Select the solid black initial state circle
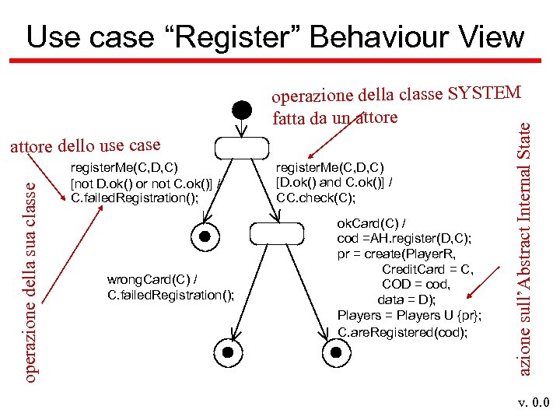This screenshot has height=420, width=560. pos(242,109)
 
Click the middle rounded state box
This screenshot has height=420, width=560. pos(275,233)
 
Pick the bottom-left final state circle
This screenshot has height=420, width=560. pos(229,352)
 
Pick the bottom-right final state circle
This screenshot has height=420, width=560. pos(336,352)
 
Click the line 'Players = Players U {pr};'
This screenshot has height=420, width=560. pos(409,315)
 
